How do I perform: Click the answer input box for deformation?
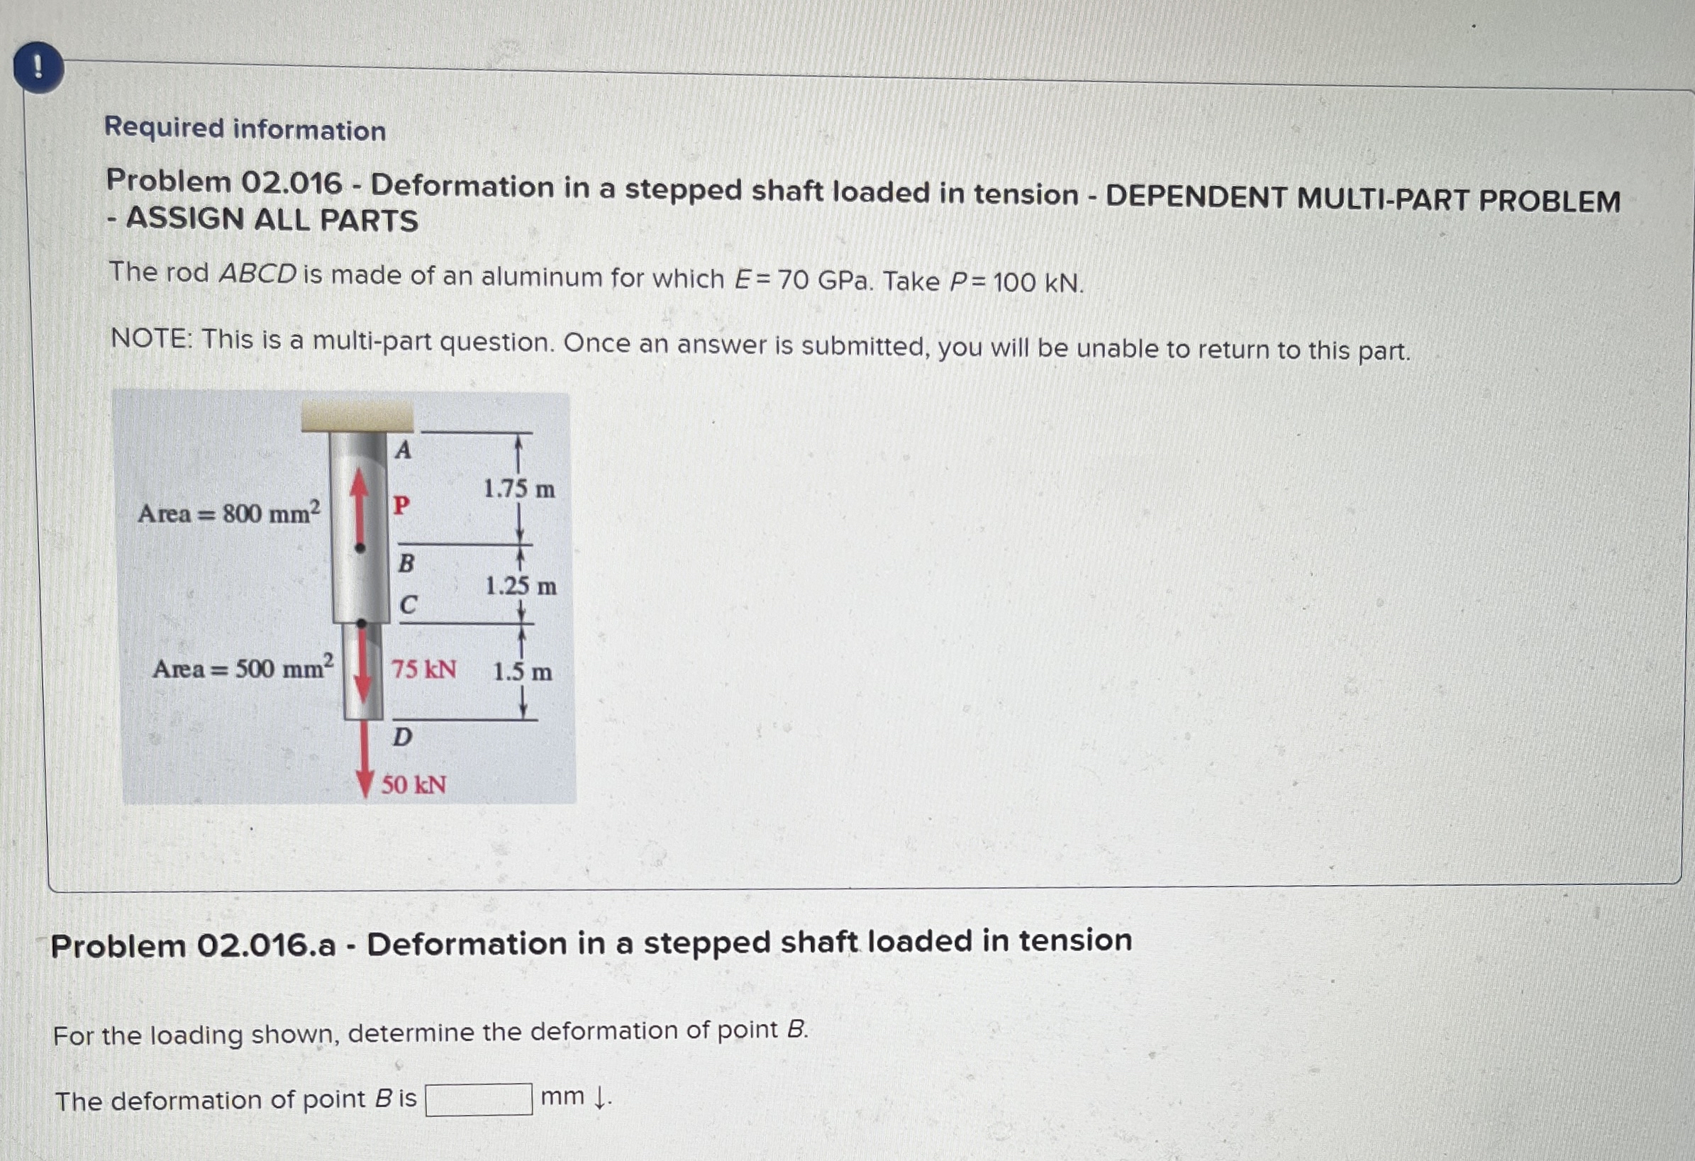pos(479,1099)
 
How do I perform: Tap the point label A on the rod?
pos(404,450)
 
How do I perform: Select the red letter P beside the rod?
pos(401,505)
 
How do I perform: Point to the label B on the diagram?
pos(406,563)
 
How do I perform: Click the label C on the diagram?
pos(408,604)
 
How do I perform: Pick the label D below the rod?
pos(402,738)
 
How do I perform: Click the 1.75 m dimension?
pos(519,489)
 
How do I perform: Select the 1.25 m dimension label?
pos(521,586)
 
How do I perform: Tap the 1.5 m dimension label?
pos(522,671)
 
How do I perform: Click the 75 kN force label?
pos(424,669)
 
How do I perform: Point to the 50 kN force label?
pos(413,784)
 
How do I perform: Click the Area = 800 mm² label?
pos(229,513)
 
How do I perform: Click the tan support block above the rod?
pos(357,416)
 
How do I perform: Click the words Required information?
pos(245,128)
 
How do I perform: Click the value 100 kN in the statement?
pos(1038,282)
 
